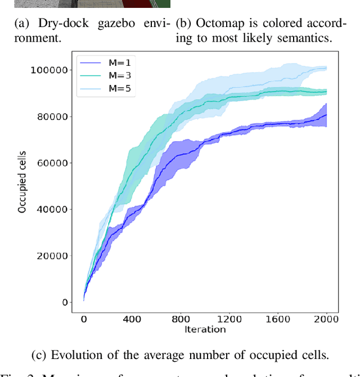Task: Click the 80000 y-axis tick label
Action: pyautogui.click(x=53, y=116)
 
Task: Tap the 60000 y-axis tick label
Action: pyautogui.click(x=53, y=163)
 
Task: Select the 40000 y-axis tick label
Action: pyautogui.click(x=53, y=209)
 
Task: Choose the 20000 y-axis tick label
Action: pyautogui.click(x=53, y=256)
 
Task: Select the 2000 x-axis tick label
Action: pyautogui.click(x=326, y=319)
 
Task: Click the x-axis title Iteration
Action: pyautogui.click(x=205, y=329)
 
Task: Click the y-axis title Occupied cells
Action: pyautogui.click(x=22, y=185)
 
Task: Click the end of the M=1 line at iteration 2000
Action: pyautogui.click(x=326, y=115)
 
